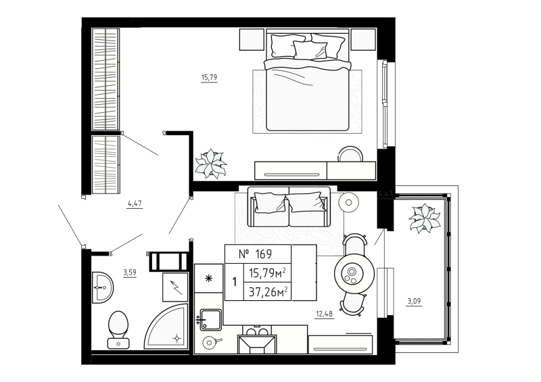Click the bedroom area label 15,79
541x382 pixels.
click(210, 77)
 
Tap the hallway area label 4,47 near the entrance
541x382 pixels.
click(135, 204)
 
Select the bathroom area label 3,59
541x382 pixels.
click(130, 272)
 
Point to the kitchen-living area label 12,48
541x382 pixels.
click(325, 313)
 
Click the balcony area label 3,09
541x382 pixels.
click(414, 302)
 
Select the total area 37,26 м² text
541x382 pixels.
click(268, 292)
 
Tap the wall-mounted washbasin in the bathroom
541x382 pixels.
click(103, 287)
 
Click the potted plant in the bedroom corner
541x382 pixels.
click(210, 164)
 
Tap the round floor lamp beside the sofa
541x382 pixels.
click(348, 202)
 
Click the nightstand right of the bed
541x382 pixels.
click(363, 40)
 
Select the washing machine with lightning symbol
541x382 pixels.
click(175, 287)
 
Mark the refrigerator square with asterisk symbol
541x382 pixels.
click(208, 279)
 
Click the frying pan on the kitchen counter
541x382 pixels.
click(210, 342)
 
